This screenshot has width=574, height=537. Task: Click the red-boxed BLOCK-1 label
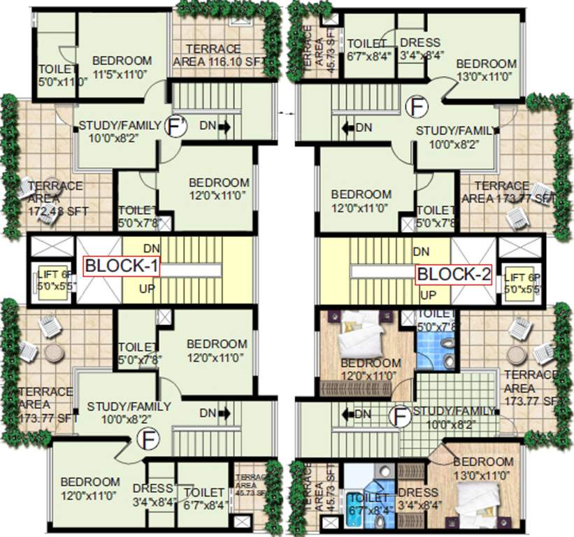pos(122,266)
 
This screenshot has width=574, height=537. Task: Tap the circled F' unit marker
pos(175,126)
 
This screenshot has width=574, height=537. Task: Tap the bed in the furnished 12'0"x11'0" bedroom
pos(357,341)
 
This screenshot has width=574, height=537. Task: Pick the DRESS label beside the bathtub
pos(417,499)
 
